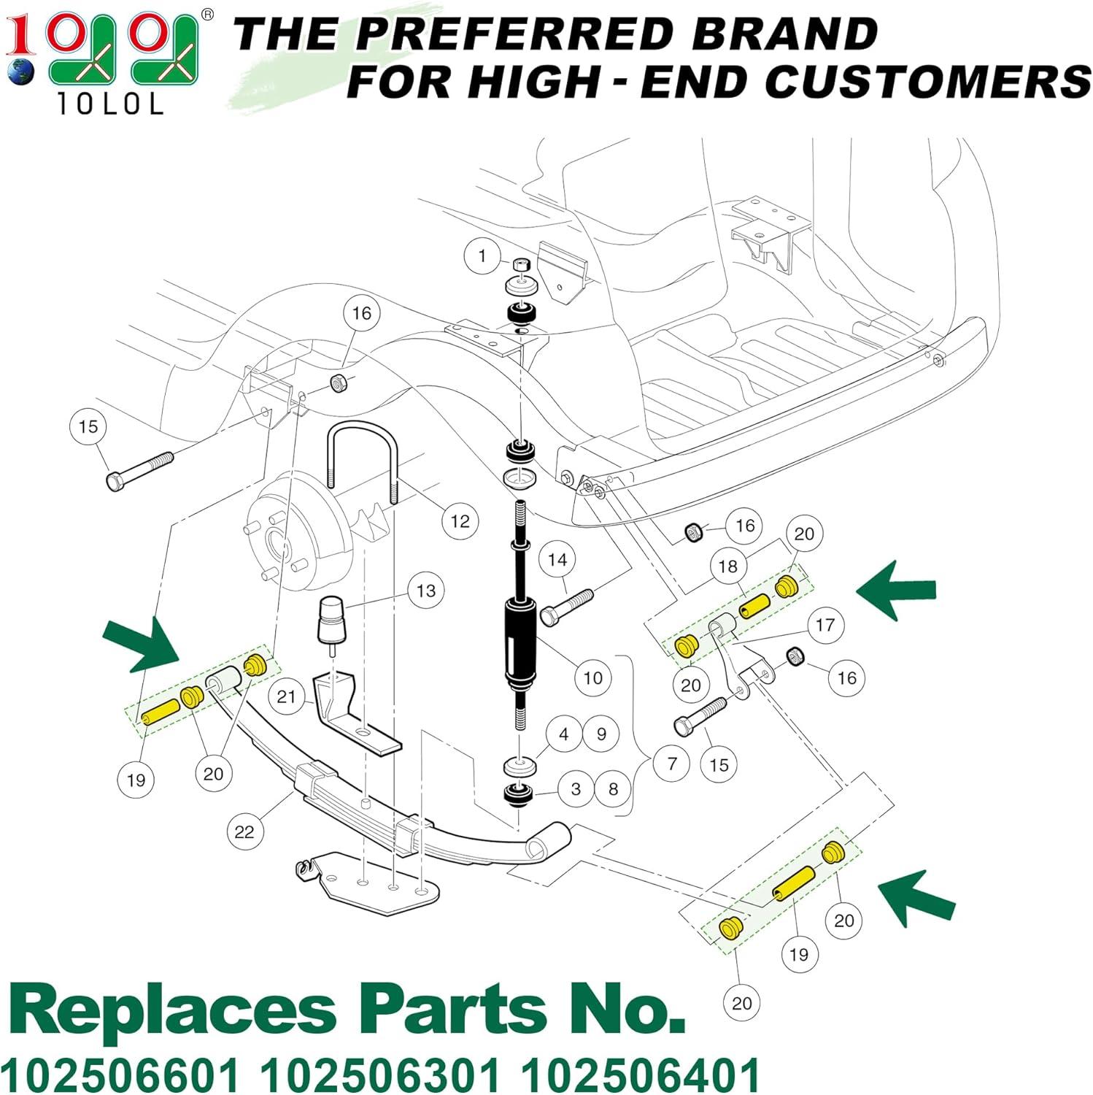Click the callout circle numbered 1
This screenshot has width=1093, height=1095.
click(x=482, y=256)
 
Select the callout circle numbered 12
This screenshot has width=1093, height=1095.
click(x=460, y=521)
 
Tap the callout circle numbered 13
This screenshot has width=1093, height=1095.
click(x=426, y=590)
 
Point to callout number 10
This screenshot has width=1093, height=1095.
click(x=592, y=677)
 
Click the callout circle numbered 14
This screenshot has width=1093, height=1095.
click(x=557, y=560)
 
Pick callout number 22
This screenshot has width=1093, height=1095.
click(x=244, y=831)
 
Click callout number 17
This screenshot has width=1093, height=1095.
click(x=825, y=625)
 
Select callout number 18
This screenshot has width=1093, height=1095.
click(x=728, y=566)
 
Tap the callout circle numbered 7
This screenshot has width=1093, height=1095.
click(x=672, y=764)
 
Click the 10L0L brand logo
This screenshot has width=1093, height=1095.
click(x=102, y=58)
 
